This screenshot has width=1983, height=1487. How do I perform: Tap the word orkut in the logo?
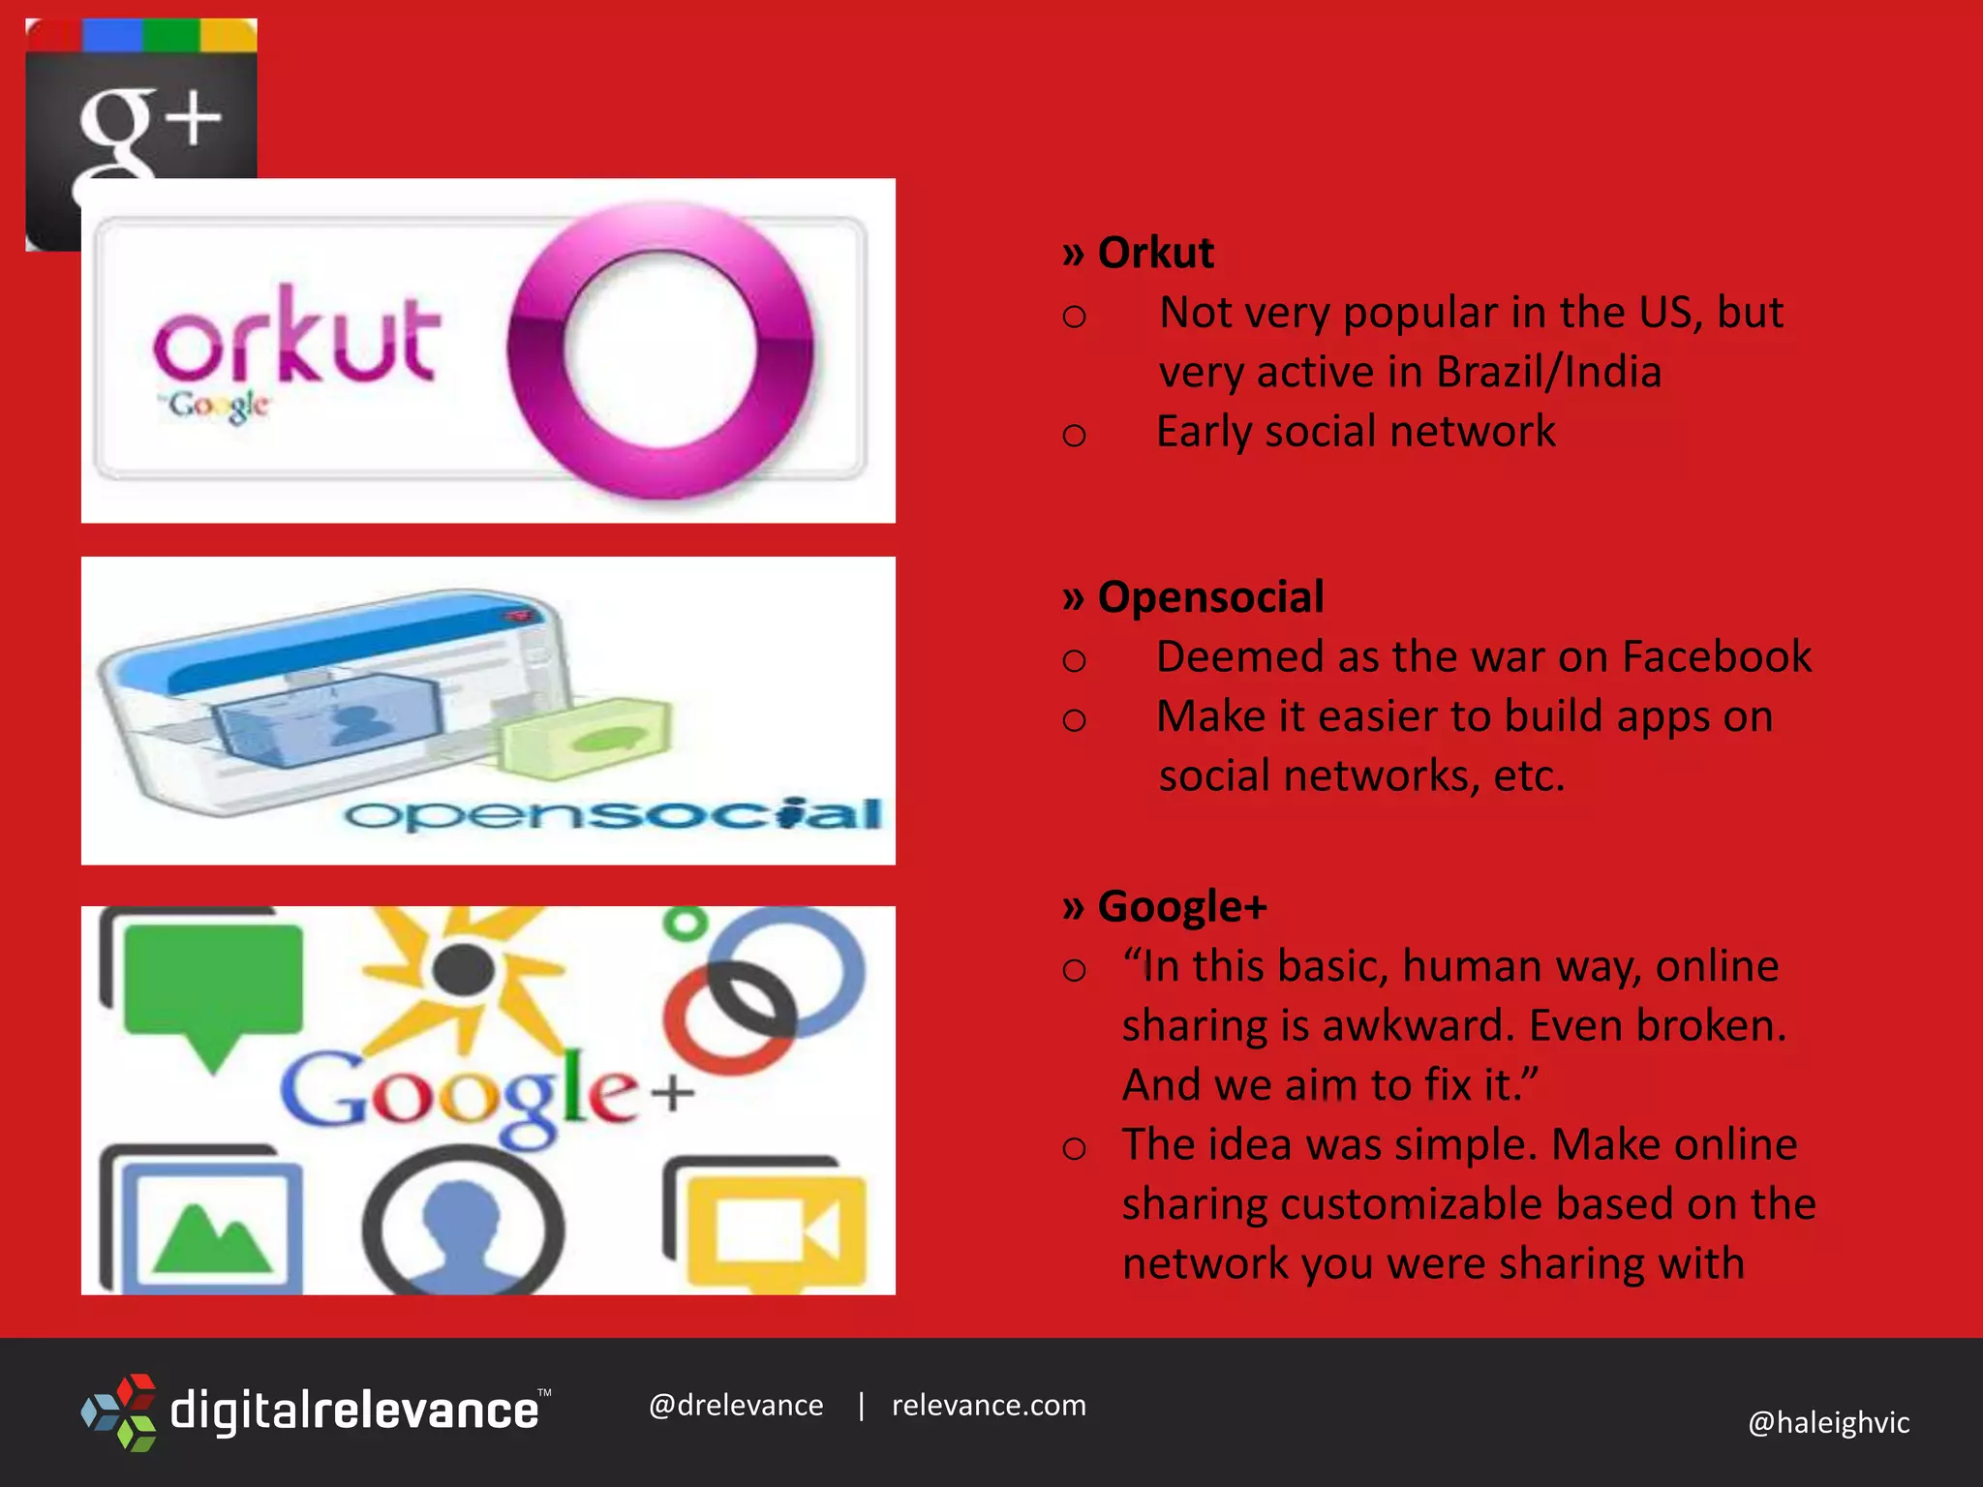click(296, 333)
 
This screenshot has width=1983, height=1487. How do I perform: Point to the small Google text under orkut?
click(215, 406)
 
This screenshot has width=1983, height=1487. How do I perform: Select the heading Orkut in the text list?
click(1155, 253)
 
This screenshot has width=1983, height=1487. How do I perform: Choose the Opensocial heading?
click(1210, 597)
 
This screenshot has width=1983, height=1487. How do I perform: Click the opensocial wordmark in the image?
click(613, 815)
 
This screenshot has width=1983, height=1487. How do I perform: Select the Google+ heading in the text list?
click(1181, 907)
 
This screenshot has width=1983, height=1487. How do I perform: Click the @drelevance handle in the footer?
click(736, 1406)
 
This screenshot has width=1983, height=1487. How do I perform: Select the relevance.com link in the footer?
click(989, 1406)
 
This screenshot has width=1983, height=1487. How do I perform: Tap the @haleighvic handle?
click(1828, 1423)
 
